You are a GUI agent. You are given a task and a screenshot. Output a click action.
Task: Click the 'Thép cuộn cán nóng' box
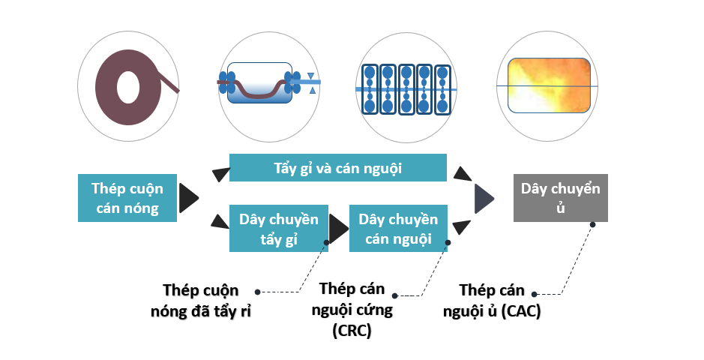127,198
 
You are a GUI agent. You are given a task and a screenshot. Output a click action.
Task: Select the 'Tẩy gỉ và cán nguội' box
338,168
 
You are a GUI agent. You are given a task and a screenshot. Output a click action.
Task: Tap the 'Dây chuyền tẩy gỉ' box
279,228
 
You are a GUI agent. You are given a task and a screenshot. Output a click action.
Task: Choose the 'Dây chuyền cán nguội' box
398,228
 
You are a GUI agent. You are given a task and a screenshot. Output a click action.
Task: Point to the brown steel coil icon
128,82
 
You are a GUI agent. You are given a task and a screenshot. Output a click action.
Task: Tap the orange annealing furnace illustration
547,85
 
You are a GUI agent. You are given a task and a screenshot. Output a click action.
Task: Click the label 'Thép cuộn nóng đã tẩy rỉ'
201,301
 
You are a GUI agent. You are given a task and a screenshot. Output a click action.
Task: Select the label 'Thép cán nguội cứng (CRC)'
351,309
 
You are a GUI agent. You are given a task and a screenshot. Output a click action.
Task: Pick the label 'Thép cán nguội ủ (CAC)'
492,301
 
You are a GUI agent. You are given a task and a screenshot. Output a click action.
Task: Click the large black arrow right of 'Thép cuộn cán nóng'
189,199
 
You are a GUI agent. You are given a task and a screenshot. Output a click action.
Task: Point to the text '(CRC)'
351,331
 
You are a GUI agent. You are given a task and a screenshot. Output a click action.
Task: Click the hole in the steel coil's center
127,82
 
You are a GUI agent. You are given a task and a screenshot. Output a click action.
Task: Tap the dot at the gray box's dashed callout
592,224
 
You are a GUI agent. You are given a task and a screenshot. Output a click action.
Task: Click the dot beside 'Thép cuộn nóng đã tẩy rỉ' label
257,291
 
